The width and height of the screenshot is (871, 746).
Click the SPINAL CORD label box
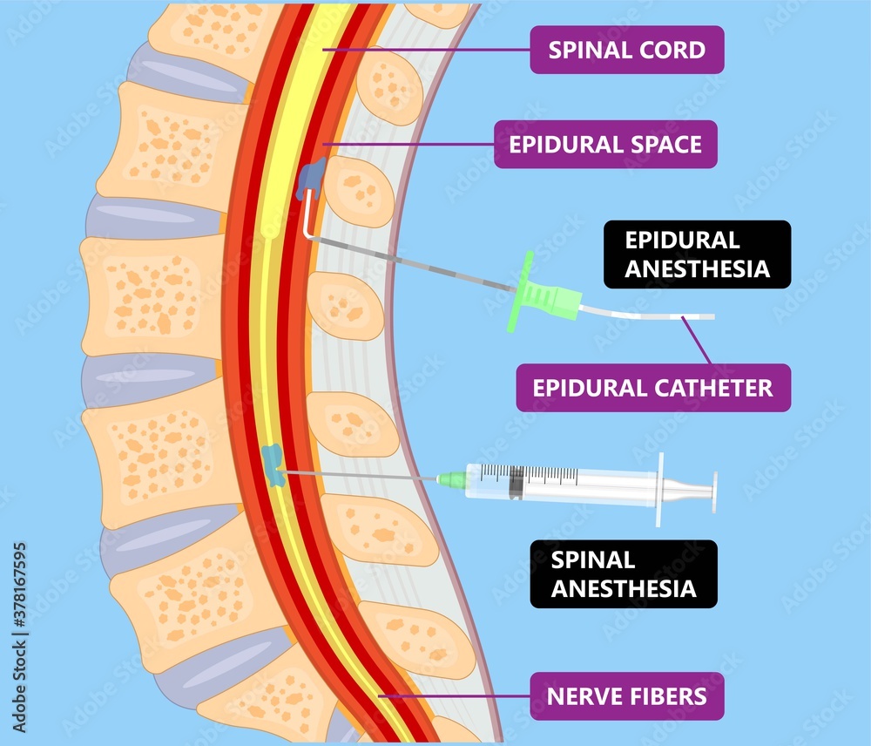point(627,50)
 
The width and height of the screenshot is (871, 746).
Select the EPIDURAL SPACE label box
point(605,144)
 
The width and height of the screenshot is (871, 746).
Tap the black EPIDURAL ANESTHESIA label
point(697,254)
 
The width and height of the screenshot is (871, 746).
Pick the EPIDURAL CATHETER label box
point(653,388)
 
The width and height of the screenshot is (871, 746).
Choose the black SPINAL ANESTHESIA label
point(624,574)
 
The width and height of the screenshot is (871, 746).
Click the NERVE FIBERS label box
point(626,696)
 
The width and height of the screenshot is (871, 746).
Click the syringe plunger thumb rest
point(714,491)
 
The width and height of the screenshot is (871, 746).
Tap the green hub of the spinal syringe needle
point(451,478)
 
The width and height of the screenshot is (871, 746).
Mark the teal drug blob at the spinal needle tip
point(273,463)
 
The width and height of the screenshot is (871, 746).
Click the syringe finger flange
point(661,489)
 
